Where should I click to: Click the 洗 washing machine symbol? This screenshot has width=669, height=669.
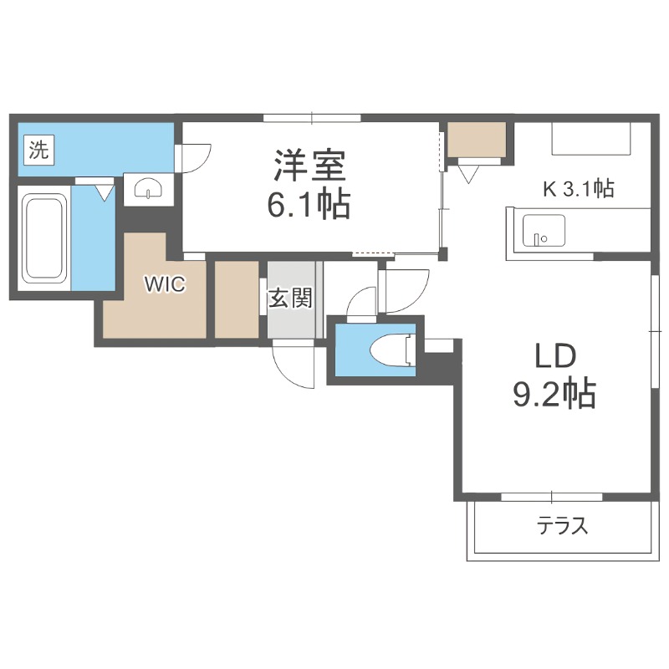pos(38,151)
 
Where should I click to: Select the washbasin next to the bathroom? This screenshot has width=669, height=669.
pos(147,188)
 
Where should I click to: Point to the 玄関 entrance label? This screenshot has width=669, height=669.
pos(290,298)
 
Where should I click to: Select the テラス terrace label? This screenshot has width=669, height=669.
pos(563,526)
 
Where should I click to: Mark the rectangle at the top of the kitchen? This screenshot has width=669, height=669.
pos(590,139)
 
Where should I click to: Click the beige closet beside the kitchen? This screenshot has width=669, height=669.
pos(477,140)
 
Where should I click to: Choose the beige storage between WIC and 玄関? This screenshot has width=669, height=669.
pos(237,299)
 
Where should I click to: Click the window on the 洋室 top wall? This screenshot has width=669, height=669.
pos(311,118)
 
